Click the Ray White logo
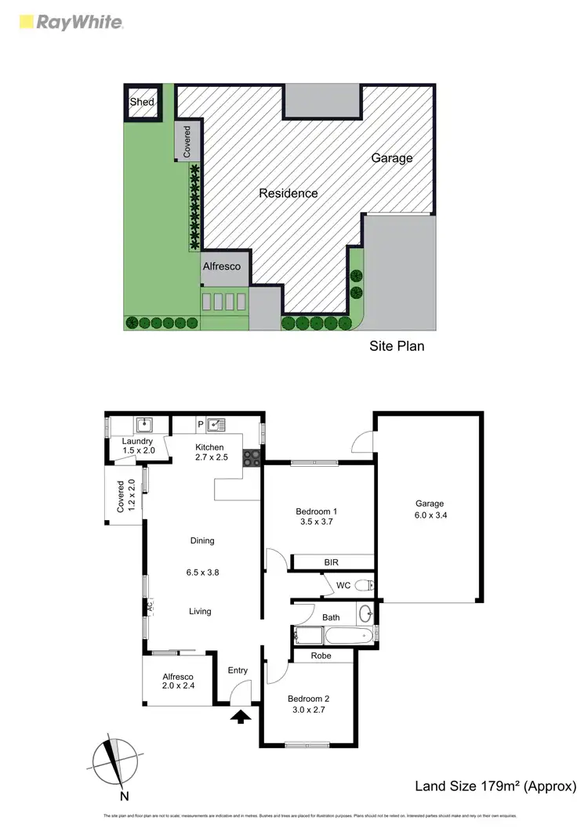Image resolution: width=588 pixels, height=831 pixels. (70, 22)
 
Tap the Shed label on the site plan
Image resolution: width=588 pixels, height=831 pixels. (142, 102)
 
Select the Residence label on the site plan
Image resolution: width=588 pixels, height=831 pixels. (289, 193)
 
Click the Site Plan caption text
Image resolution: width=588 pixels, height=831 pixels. (397, 345)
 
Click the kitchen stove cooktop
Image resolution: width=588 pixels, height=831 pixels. (252, 457)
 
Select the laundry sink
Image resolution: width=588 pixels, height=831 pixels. (144, 425)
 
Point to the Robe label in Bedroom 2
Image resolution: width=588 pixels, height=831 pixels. (321, 656)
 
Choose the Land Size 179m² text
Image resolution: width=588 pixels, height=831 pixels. (495, 786)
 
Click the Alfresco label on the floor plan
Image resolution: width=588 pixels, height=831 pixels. (178, 677)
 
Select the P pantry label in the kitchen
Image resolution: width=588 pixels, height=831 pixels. (200, 425)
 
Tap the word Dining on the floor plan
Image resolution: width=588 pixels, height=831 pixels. (202, 540)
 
